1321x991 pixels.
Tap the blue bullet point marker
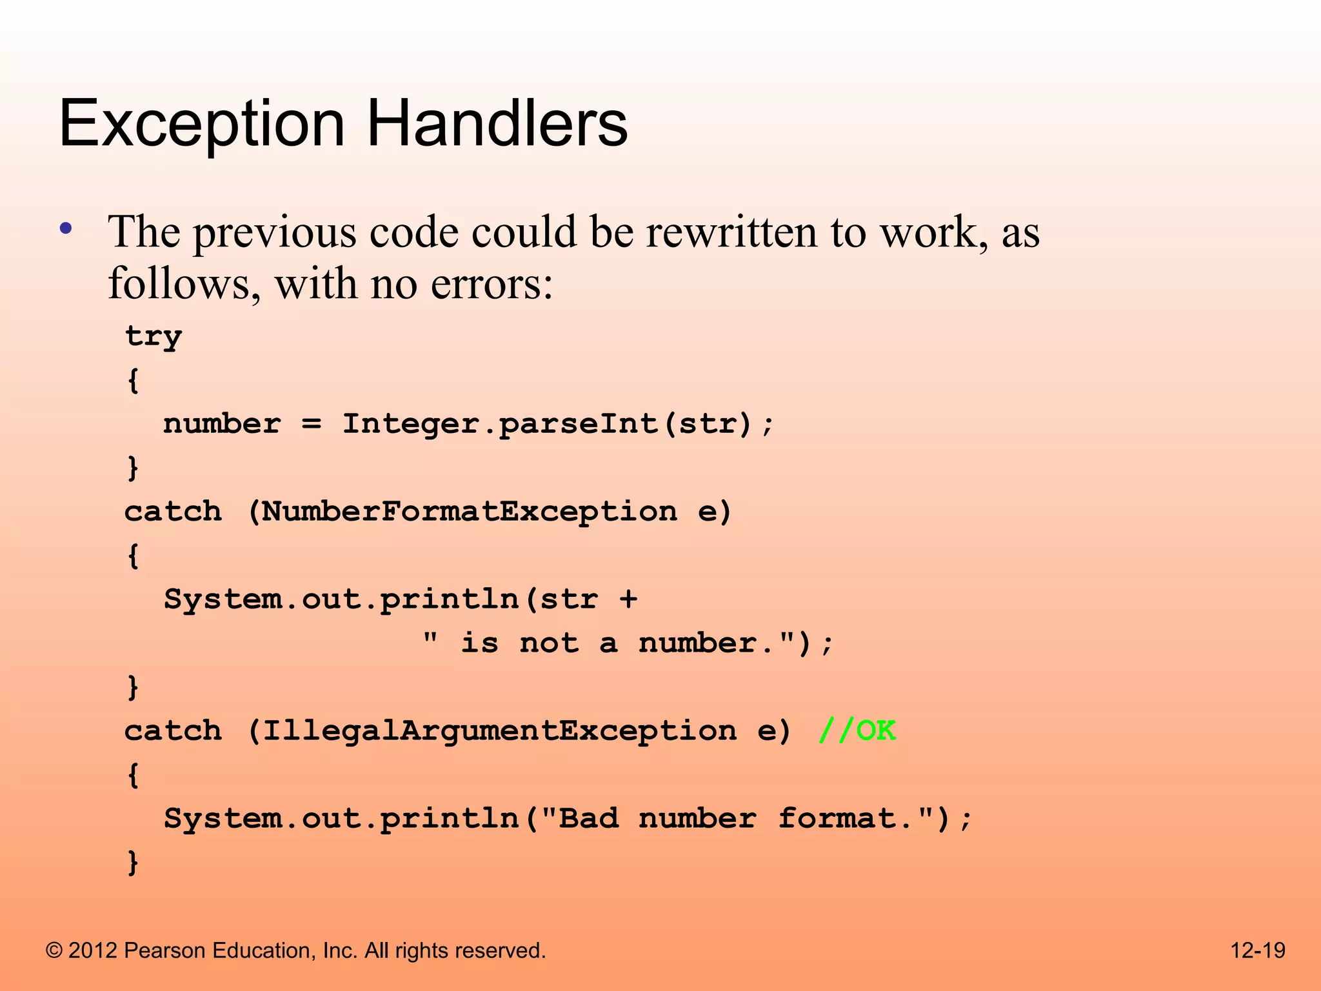(65, 228)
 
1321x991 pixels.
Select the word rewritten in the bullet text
(733, 232)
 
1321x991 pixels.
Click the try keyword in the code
(154, 337)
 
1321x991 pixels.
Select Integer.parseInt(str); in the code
(557, 425)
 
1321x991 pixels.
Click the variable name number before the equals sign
(222, 425)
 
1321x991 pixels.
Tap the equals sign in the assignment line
(312, 425)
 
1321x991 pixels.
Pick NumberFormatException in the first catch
(470, 512)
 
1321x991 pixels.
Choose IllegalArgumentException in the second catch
(499, 732)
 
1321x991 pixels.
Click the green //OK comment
(857, 731)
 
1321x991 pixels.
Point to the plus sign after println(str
(628, 600)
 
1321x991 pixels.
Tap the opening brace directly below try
(133, 381)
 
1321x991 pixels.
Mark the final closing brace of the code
(133, 863)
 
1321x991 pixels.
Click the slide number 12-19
(1258, 950)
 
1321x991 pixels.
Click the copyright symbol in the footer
(55, 951)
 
